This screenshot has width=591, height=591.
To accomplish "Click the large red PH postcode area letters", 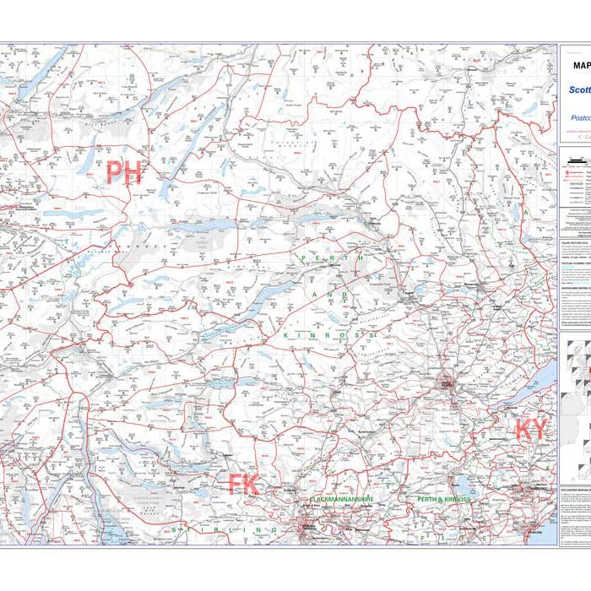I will pos(123,172).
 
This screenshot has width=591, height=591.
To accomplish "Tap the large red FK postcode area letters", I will pos(243,485).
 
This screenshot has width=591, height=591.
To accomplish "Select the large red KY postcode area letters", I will pos(531,429).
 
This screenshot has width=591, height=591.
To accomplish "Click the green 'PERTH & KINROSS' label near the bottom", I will pos(444,500).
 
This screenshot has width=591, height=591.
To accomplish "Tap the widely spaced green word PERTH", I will pos(332,258).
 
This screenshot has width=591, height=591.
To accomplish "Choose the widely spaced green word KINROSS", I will pos(328,335).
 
